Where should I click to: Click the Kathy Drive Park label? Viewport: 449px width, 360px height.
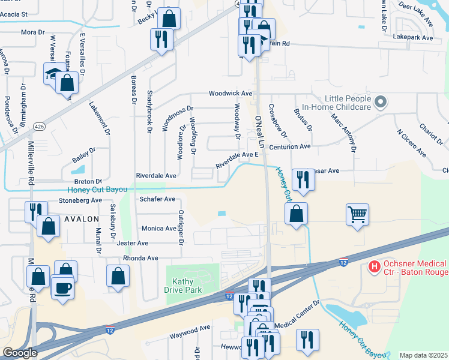(183, 285)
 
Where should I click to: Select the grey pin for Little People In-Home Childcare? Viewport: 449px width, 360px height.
(379, 103)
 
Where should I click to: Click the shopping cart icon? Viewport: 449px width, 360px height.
(357, 214)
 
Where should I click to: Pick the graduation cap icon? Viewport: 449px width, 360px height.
(53, 74)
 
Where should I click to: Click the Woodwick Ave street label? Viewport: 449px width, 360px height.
(231, 94)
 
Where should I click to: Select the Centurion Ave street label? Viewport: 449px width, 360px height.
(289, 146)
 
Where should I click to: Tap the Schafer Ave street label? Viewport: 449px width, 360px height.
(157, 199)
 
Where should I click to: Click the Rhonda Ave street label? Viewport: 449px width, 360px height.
(140, 258)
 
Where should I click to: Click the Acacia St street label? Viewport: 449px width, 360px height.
(16, 13)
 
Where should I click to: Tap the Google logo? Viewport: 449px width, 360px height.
(19, 352)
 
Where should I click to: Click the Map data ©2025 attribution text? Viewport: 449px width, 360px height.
(423, 355)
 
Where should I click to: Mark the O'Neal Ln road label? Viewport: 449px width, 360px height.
(260, 133)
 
